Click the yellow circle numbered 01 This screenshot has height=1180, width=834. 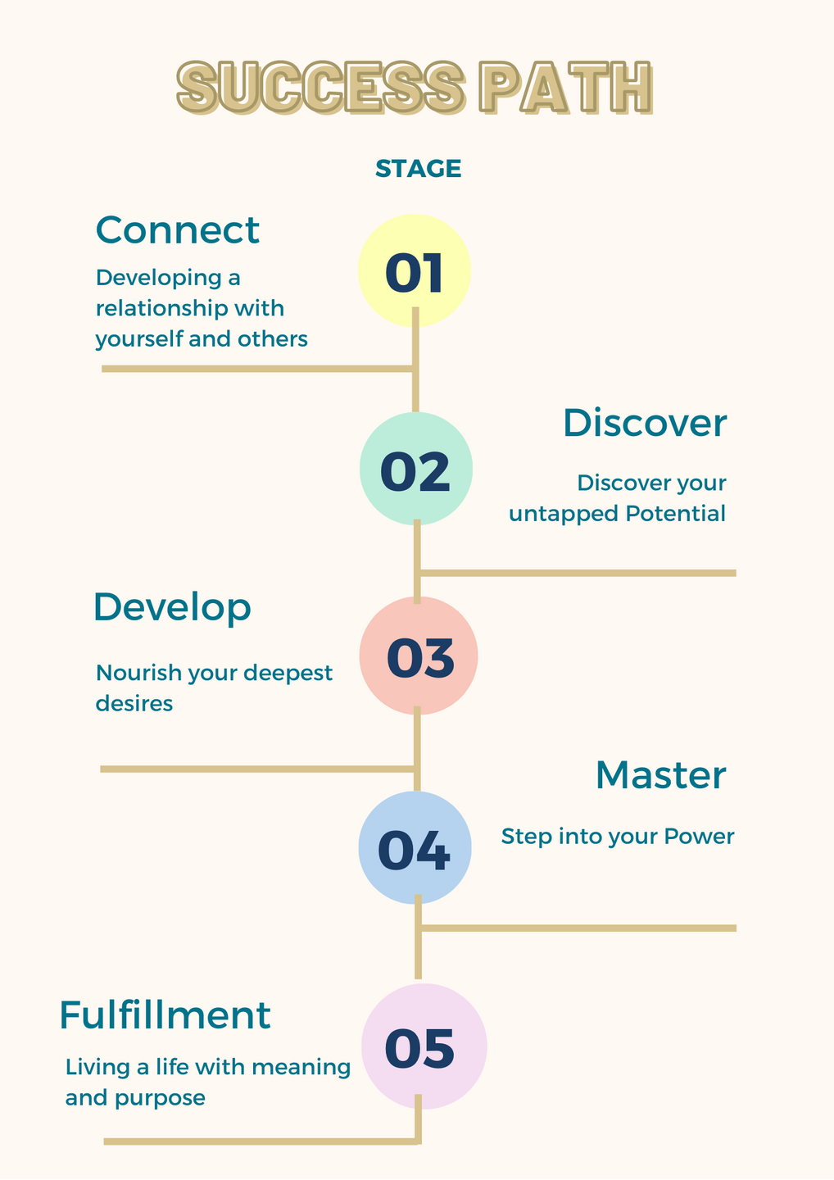coord(415,271)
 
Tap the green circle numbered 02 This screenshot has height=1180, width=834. coord(416,469)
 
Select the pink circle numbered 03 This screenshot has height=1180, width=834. coord(419,656)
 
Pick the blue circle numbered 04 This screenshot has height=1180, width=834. coord(415,848)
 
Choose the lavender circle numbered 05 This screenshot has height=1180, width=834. coord(424,1046)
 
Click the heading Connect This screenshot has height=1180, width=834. coord(178,230)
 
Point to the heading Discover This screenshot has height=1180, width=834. coord(645,424)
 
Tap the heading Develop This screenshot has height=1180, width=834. coord(172,608)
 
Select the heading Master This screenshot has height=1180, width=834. coord(660,775)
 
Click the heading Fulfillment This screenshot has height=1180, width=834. coord(165,1015)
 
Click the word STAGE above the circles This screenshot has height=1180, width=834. coord(418,169)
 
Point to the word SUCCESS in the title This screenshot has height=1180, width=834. coord(320,87)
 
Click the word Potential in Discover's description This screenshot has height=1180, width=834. coord(675,514)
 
